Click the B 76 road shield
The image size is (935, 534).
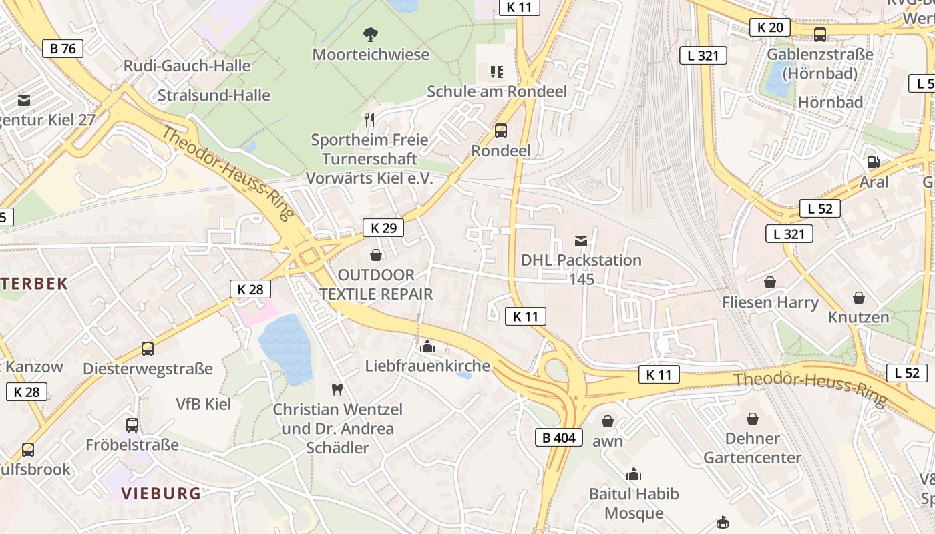63,48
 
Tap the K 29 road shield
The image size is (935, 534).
383,228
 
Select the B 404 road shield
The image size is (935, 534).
558,438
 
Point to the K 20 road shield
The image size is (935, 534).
769,27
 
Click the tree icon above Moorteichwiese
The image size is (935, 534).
370,34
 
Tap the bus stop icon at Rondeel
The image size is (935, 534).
500,131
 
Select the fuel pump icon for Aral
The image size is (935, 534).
873,162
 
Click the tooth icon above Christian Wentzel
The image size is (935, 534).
337,388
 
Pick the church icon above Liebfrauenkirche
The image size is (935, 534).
427,346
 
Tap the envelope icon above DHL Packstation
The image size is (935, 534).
581,240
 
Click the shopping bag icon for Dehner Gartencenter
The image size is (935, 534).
753,419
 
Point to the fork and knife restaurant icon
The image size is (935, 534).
369,119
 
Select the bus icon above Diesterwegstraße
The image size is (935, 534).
147,348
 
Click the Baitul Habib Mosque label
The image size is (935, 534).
634,503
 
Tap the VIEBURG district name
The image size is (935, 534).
160,493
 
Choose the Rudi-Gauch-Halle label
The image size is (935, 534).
187,66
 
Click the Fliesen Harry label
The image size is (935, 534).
770,302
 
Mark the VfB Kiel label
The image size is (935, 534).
203,404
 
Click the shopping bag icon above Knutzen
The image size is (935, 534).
858,297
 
